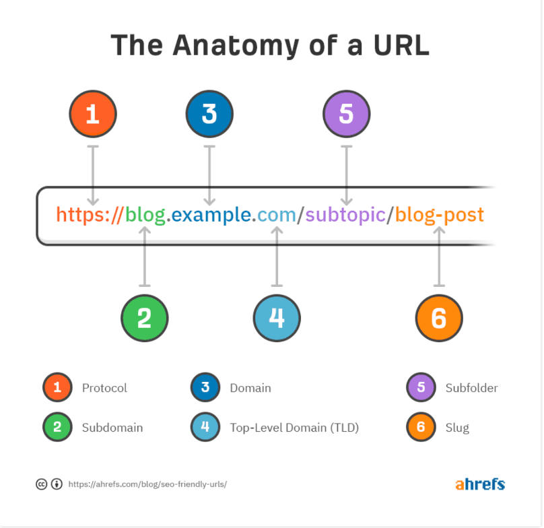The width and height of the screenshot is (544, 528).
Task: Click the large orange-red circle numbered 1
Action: (x=93, y=114)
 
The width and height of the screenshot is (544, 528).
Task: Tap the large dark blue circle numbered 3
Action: (x=209, y=114)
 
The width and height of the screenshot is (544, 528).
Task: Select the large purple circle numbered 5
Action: (x=347, y=114)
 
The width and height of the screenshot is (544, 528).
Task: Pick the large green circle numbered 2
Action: (x=145, y=318)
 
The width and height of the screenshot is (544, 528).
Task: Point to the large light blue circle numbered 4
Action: (x=277, y=318)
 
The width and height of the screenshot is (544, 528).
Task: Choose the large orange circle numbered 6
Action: (x=439, y=318)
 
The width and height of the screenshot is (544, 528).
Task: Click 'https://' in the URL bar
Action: (x=90, y=215)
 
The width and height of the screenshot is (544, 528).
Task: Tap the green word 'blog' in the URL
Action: (x=145, y=216)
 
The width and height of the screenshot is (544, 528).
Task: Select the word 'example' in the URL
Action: (x=211, y=216)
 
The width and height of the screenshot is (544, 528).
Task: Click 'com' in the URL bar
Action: (x=277, y=216)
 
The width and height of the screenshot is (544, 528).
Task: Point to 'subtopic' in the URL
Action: (x=345, y=216)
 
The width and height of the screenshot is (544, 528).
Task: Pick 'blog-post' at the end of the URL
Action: (x=439, y=216)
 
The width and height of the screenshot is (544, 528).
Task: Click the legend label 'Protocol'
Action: (x=104, y=388)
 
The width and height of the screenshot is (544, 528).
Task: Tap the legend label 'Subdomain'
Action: (x=112, y=428)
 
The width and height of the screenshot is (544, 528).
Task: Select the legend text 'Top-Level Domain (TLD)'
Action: (x=294, y=428)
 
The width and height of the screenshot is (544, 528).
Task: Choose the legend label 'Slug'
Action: (x=457, y=428)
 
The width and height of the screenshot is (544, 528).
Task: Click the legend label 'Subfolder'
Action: (x=471, y=388)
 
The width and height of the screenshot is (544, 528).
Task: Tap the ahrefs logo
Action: (x=480, y=484)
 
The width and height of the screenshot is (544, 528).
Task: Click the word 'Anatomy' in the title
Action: (x=236, y=46)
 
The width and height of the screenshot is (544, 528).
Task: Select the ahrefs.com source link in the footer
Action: (x=147, y=484)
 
